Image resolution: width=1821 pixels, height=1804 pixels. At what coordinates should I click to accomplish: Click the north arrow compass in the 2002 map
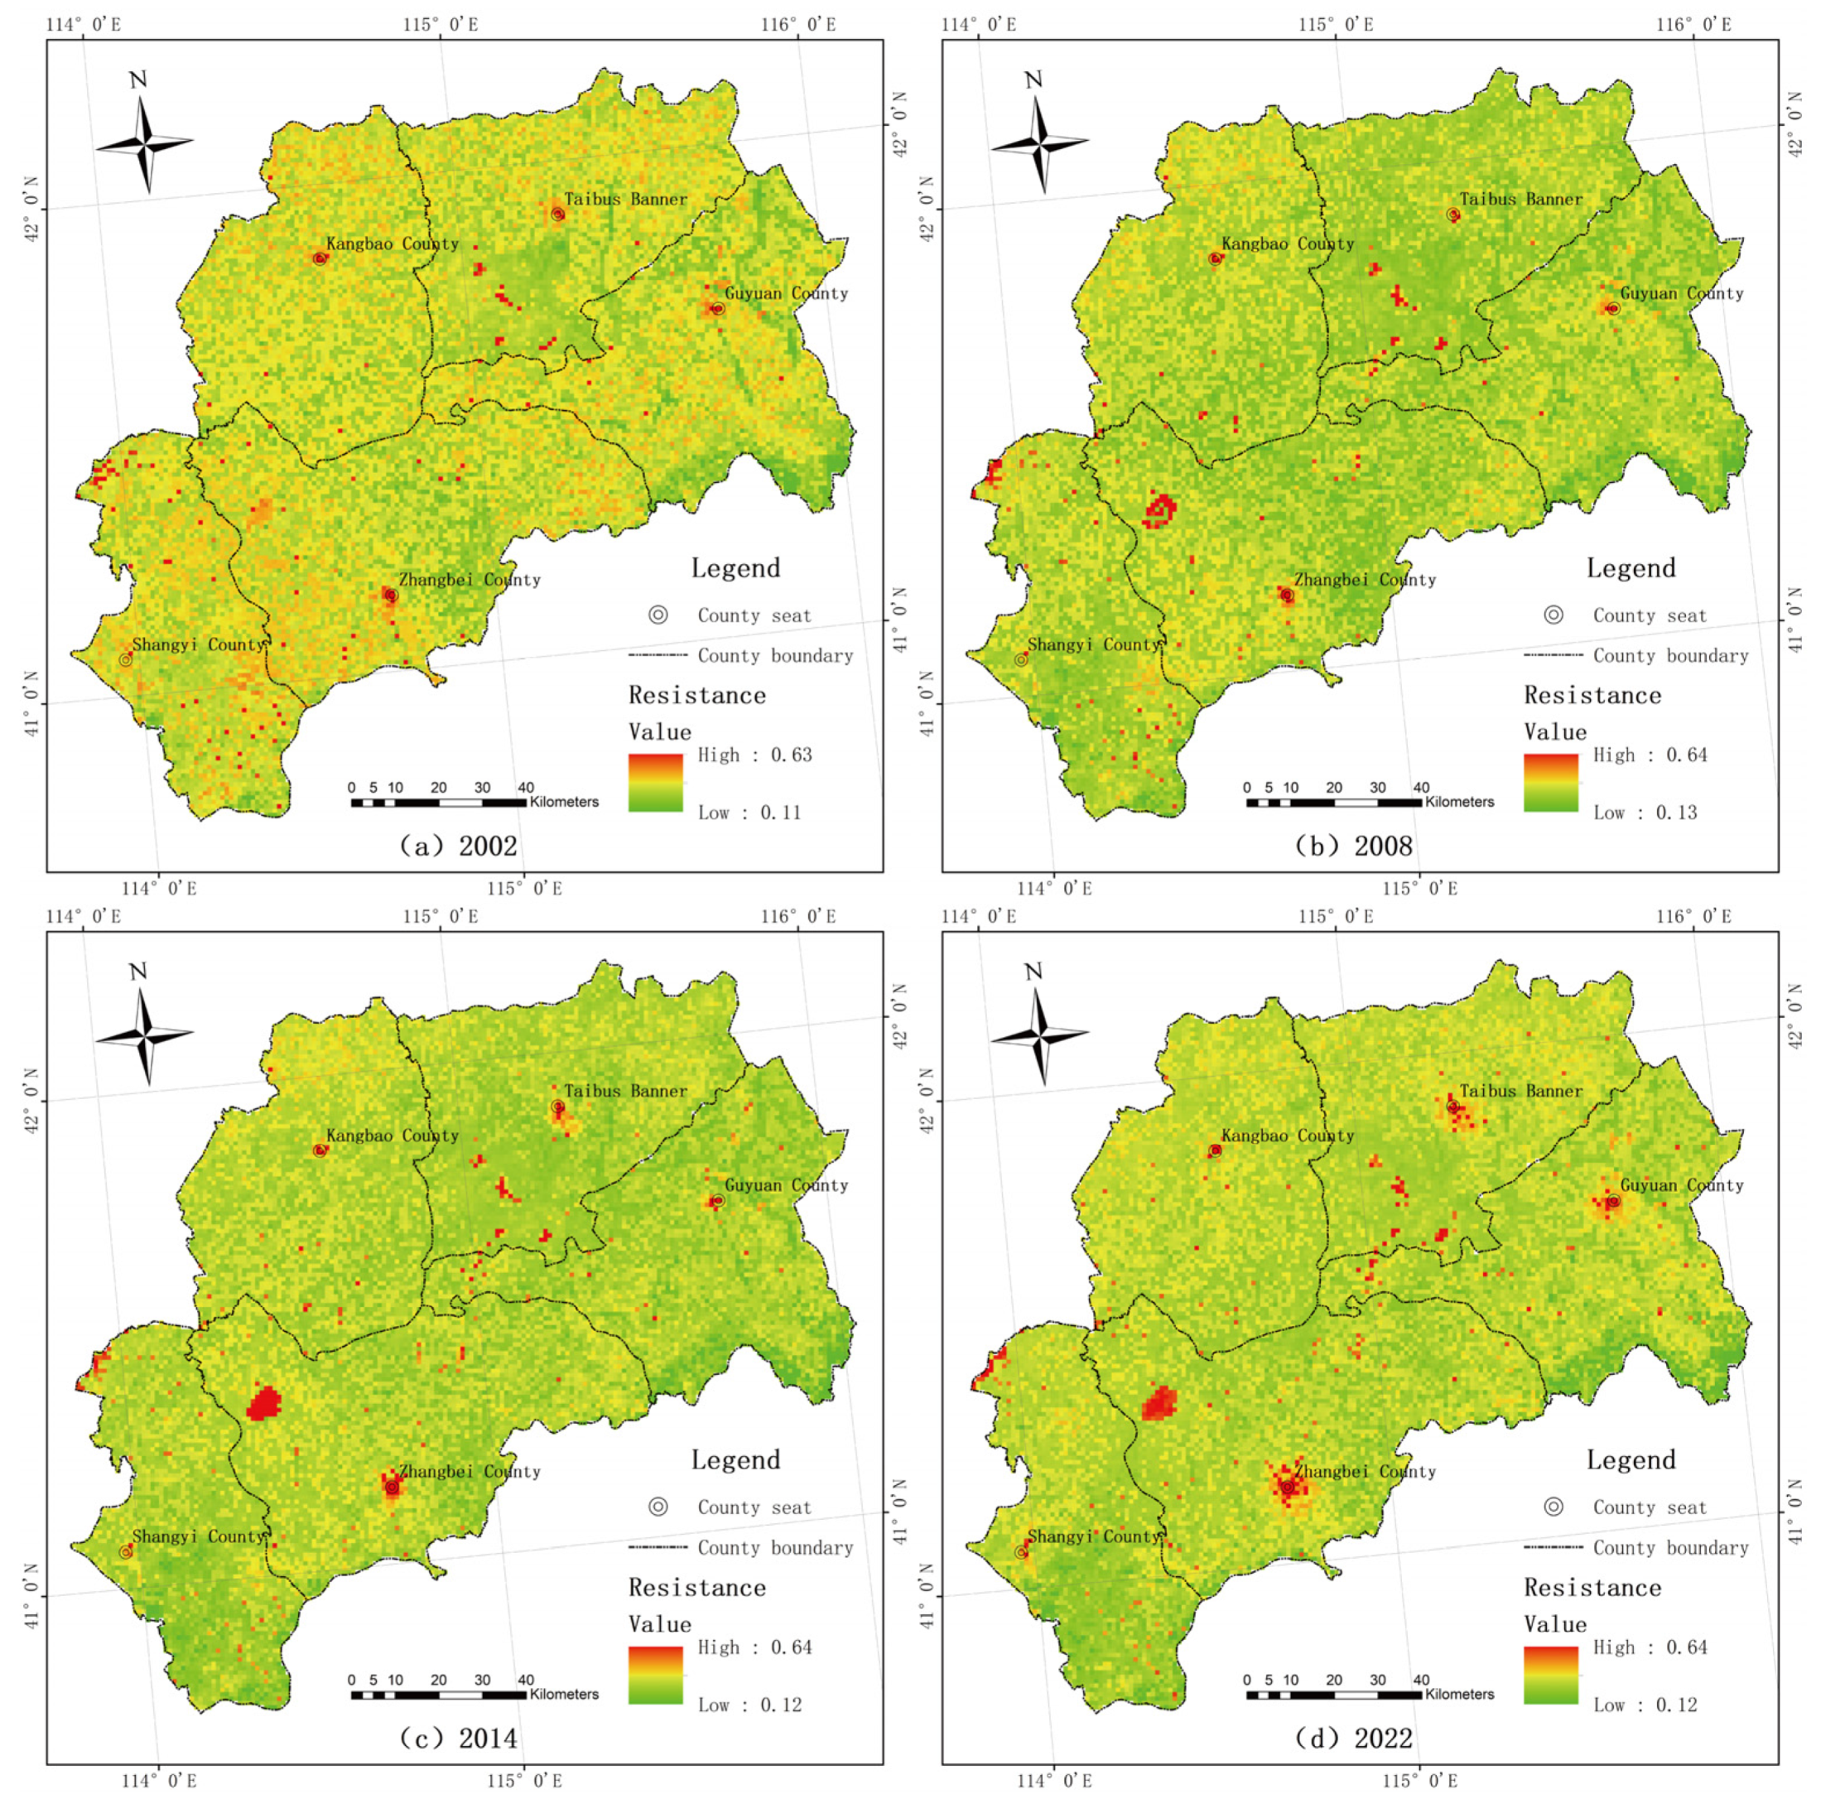(144, 142)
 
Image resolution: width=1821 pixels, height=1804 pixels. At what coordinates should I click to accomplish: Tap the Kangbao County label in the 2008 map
(1288, 244)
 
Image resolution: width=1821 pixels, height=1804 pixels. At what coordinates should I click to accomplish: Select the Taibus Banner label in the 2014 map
(626, 1092)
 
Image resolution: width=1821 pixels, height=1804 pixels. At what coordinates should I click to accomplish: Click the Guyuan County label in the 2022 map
(1682, 1186)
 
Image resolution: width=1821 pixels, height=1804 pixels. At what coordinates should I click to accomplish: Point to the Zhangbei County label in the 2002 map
(470, 581)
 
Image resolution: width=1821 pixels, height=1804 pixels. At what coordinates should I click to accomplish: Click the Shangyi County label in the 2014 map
(198, 1536)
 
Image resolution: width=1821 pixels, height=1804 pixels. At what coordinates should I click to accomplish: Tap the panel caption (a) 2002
(457, 846)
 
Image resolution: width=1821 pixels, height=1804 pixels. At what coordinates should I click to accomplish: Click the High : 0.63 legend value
(754, 755)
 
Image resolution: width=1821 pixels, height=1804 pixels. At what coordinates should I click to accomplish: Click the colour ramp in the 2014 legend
(655, 1675)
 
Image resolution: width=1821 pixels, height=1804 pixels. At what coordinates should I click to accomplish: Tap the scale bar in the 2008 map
(1334, 802)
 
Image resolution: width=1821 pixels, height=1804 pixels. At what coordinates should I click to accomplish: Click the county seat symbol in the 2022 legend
(1554, 1507)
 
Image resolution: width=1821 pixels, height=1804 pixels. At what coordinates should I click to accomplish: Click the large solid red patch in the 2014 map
(265, 1403)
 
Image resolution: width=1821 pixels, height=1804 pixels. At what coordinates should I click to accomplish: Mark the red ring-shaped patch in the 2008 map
(1160, 510)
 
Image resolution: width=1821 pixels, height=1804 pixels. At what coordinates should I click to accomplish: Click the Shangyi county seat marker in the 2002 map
(125, 660)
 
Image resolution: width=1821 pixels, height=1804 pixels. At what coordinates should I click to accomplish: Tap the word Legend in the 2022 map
(1631, 1460)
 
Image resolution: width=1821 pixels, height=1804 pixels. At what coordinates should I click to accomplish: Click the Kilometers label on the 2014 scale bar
(564, 1694)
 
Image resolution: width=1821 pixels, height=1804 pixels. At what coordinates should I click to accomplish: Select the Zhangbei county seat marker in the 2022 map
(1287, 1488)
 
